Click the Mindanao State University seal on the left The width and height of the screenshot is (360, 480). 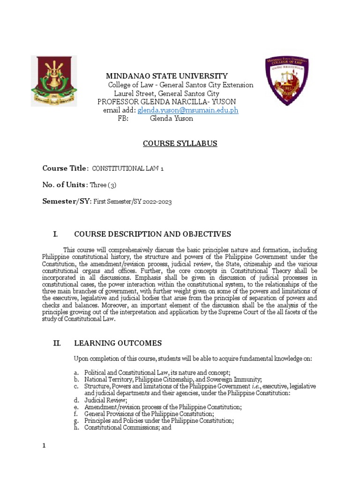click(x=54, y=81)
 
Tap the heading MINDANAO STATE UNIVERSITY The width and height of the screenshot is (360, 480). click(x=167, y=76)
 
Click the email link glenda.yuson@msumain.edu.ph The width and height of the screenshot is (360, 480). click(x=187, y=110)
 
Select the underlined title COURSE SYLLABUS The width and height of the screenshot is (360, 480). click(x=180, y=143)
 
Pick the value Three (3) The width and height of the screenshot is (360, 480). click(x=105, y=185)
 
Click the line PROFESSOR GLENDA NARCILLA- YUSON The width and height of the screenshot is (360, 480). click(x=166, y=102)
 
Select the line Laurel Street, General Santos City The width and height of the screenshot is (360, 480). click(x=167, y=93)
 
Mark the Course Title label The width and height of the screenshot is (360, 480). click(x=65, y=168)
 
